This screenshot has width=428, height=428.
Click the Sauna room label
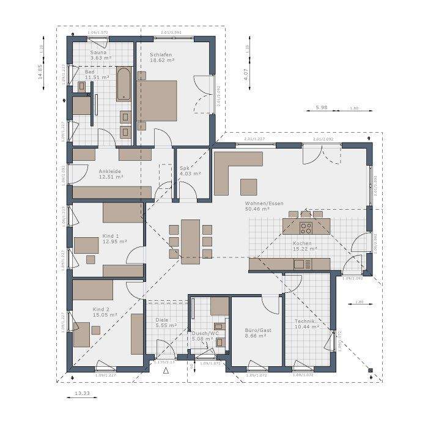pyautogui.click(x=99, y=53)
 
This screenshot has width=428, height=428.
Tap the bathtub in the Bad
pyautogui.click(x=123, y=84)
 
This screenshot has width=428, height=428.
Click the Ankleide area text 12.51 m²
pyautogui.click(x=111, y=177)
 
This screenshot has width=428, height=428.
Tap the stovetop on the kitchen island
pyautogui.click(x=306, y=229)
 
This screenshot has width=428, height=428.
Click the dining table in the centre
pyautogui.click(x=190, y=240)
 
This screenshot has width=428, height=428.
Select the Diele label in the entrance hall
pyautogui.click(x=162, y=319)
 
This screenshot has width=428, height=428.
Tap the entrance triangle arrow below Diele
pyautogui.click(x=165, y=371)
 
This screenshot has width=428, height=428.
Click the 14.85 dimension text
pyautogui.click(x=41, y=72)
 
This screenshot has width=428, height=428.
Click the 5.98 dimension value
pyautogui.click(x=322, y=108)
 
